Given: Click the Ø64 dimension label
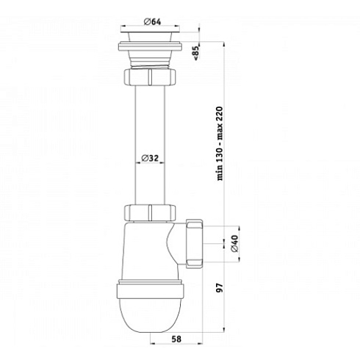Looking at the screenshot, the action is pyautogui.click(x=152, y=22).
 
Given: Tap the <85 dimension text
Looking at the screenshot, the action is pyautogui.click(x=196, y=53).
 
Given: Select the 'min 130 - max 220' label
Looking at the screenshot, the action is pyautogui.click(x=220, y=144).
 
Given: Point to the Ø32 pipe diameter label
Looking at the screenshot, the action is pyautogui.click(x=150, y=158).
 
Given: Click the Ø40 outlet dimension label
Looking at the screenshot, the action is pyautogui.click(x=234, y=244).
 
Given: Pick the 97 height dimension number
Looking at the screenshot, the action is pyautogui.click(x=220, y=288).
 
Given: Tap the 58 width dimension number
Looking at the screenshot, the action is pyautogui.click(x=176, y=339).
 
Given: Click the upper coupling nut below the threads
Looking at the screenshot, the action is pyautogui.click(x=150, y=76).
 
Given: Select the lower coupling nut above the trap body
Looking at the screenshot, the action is pyautogui.click(x=150, y=213).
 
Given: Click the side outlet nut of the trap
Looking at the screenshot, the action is pyautogui.click(x=195, y=244).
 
